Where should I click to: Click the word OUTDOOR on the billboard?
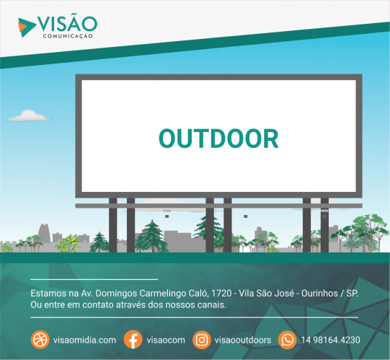[x=218, y=139]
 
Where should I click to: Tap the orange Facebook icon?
[x=133, y=340]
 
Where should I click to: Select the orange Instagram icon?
[x=202, y=340]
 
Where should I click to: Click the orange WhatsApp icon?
[x=288, y=340]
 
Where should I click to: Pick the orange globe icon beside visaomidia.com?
[x=40, y=340]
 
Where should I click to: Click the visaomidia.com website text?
[x=84, y=340]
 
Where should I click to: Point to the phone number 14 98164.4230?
[x=331, y=340]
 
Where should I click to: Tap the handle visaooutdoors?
[x=243, y=340]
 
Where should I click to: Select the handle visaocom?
[x=166, y=340]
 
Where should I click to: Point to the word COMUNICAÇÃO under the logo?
[x=68, y=36]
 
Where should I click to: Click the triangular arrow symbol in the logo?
[x=27, y=27]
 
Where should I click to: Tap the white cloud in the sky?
[x=29, y=116]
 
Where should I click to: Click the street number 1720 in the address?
[x=221, y=294]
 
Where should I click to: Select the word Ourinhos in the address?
[x=319, y=294]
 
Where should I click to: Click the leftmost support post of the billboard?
[x=112, y=225]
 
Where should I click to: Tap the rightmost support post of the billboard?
[x=324, y=225]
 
